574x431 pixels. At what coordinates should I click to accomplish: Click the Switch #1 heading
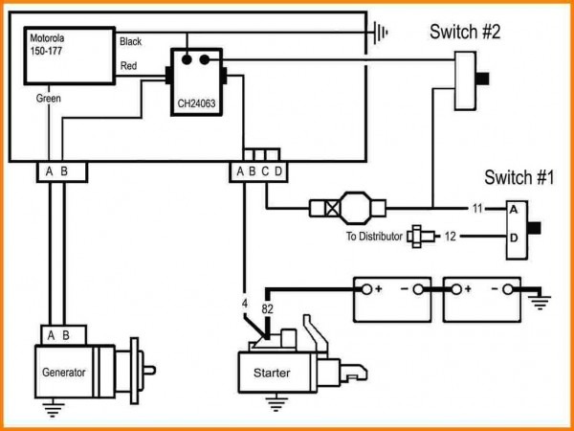519,177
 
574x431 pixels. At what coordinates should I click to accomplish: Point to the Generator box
64,373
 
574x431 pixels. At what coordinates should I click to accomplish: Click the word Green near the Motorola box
49,99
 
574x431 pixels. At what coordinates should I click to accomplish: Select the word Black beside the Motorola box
131,42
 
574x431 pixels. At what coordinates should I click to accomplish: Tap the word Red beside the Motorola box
128,66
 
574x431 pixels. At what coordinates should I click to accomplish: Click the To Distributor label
374,236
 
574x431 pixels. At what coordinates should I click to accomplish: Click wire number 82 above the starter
268,308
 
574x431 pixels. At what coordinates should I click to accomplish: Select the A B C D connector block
257,171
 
